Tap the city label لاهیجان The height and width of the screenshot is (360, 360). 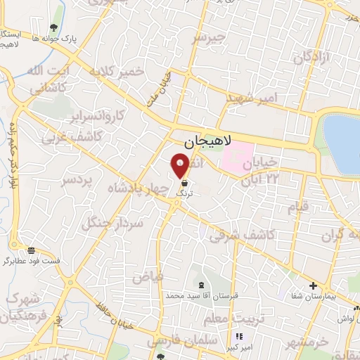coord(208,142)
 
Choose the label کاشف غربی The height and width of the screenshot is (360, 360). coord(70,137)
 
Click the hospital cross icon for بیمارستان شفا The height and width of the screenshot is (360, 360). coord(314,285)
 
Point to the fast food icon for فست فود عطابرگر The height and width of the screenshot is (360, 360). coord(31,250)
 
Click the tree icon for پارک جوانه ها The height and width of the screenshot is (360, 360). coord(54,28)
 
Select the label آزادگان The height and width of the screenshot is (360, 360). coord(310,58)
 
